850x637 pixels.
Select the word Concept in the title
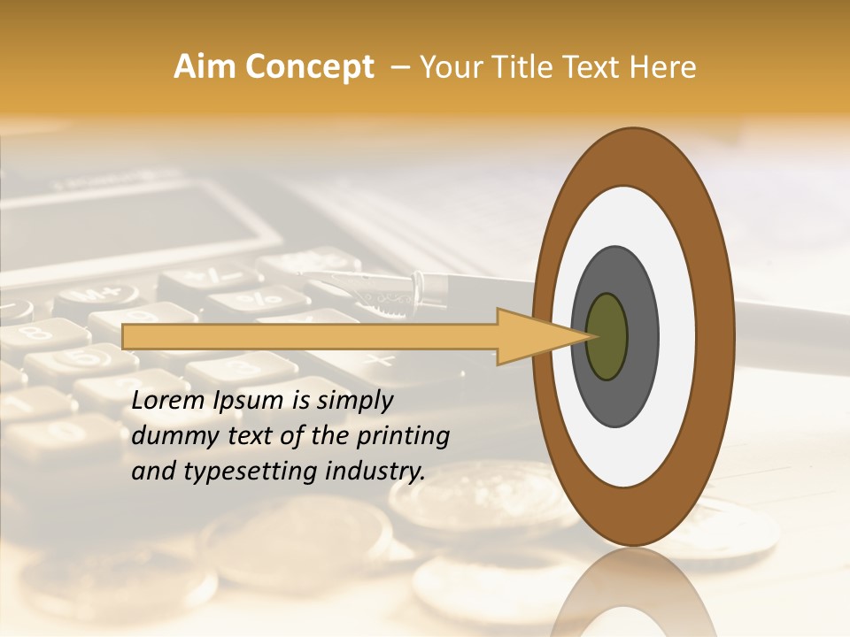click(310, 67)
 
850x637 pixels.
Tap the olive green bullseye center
click(607, 337)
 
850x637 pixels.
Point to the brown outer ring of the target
click(717, 336)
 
